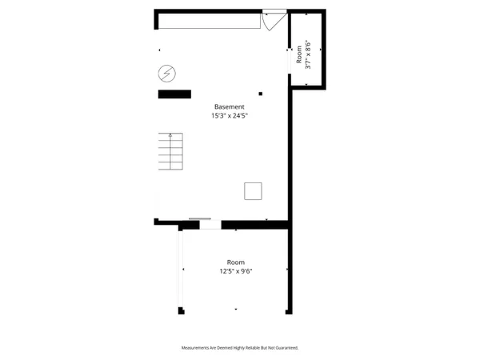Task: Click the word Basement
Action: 229,107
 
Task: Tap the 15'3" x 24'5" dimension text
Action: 229,116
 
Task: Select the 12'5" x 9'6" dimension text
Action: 235,271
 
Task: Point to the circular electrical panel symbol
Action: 166,74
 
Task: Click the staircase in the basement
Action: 170,152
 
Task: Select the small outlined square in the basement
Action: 253,190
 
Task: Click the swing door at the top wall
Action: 273,19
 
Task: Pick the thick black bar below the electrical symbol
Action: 174,94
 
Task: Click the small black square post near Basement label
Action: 261,93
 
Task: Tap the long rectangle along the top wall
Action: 213,21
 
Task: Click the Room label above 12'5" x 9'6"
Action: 235,262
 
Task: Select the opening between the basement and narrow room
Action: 290,60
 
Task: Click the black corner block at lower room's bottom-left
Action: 182,310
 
